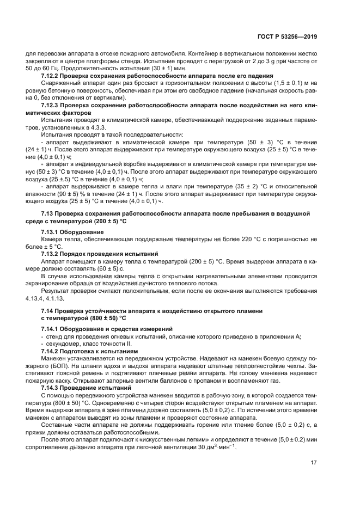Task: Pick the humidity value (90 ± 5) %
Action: (65, 193)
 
